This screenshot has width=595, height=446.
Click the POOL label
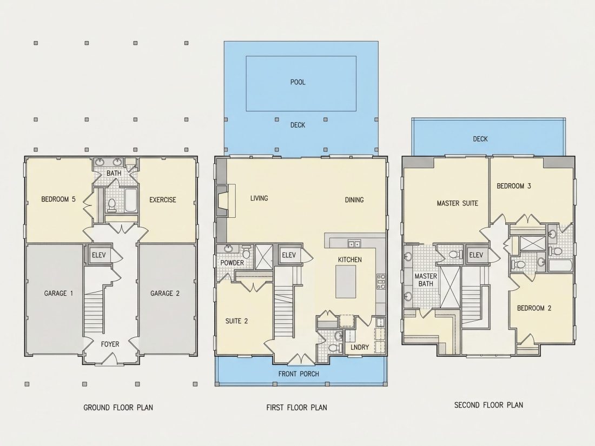297,82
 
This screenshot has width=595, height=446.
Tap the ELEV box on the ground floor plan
100,255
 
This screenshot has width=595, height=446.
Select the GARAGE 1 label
58,293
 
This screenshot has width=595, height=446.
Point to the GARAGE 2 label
164,293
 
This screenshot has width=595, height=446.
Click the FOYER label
110,344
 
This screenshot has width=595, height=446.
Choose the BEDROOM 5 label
58,199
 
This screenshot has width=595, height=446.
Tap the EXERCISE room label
163,200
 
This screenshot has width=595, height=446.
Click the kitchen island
346,282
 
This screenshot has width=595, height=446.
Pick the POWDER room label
232,263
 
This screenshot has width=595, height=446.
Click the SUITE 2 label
236,321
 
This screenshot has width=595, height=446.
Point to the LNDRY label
360,347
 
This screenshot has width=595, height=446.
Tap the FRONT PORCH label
299,374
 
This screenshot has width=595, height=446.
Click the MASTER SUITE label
457,203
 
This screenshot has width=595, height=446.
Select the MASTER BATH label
426,280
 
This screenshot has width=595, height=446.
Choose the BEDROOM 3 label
514,186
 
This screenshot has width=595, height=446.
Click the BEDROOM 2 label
534,308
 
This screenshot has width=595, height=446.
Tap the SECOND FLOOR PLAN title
489,405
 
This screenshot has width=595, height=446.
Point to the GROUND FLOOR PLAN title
118,408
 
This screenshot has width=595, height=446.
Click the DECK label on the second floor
480,139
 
